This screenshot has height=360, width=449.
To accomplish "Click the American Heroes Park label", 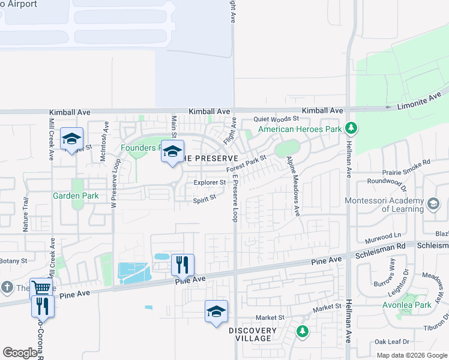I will (300, 129).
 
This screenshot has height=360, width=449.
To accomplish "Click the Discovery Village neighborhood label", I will (253, 334).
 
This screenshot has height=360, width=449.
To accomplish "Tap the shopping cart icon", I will (40, 287).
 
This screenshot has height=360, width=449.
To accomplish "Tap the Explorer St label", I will (209, 182).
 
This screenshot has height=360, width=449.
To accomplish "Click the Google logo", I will (20, 353).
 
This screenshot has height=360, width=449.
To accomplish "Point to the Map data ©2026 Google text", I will (411, 355).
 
